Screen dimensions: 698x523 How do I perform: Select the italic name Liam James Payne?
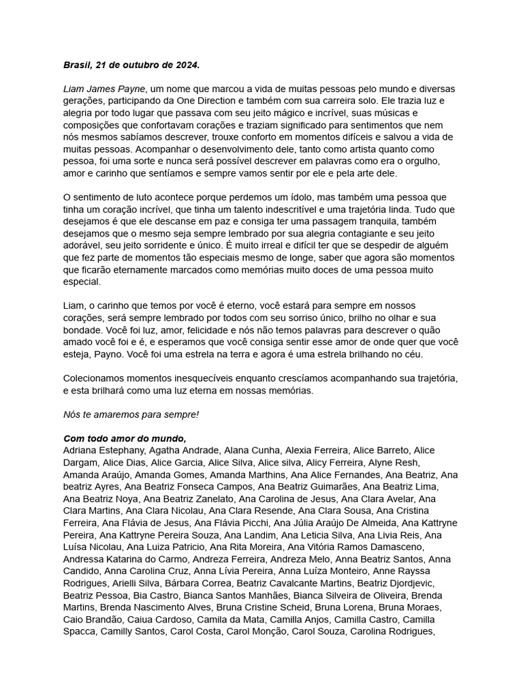[105, 89]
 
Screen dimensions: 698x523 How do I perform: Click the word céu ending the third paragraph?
[411, 354]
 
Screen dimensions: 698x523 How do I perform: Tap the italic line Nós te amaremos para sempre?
[131, 414]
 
